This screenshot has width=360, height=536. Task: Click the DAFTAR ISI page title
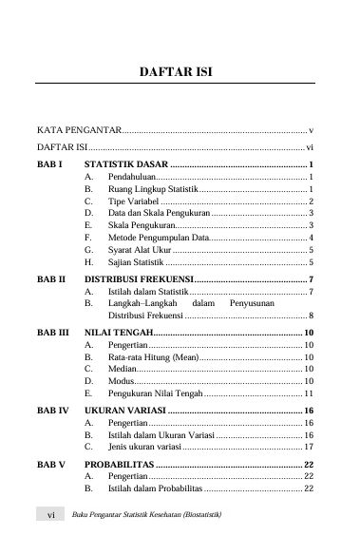(x=180, y=70)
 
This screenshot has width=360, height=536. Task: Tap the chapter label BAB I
(x=49, y=165)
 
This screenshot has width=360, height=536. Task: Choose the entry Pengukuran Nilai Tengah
(x=155, y=392)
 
